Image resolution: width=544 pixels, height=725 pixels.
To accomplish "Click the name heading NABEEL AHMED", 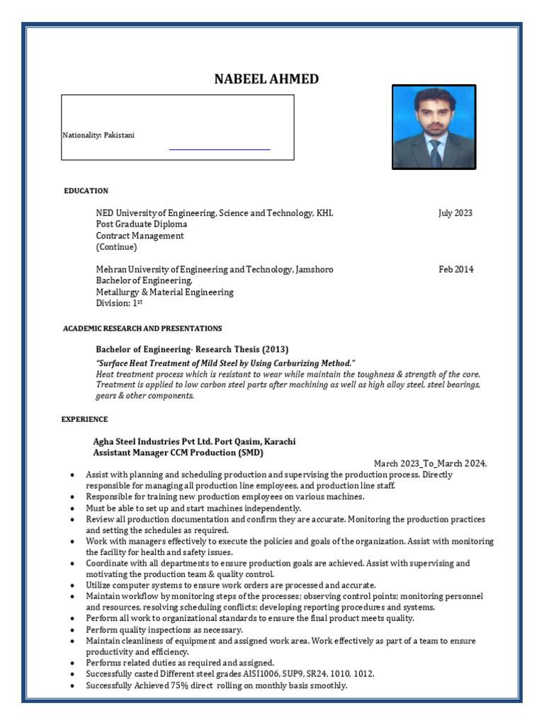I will (266, 79).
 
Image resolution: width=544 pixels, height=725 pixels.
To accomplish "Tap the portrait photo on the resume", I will (433, 127).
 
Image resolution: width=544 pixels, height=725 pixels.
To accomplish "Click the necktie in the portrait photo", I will (435, 152).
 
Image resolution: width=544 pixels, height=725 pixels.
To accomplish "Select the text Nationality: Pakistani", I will (98, 135).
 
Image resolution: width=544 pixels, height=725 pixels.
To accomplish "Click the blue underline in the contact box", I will (220, 149).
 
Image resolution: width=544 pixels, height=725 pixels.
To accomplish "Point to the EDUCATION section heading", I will (86, 190).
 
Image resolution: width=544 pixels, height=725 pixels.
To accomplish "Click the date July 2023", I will (455, 213).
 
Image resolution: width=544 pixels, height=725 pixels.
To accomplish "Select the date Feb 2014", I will (455, 270).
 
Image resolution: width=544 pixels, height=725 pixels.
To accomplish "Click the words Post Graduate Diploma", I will (142, 224).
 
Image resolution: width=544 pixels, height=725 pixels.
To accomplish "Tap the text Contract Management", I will (140, 236).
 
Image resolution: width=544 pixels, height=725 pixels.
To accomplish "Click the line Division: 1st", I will (119, 303).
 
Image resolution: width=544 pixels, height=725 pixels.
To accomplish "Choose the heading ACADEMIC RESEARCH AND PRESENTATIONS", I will (142, 329).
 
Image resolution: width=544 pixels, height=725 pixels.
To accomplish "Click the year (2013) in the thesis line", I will (276, 350).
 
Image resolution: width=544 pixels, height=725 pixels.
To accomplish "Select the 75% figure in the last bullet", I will (190, 686).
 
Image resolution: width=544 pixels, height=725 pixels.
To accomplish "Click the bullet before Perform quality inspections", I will (74, 629).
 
